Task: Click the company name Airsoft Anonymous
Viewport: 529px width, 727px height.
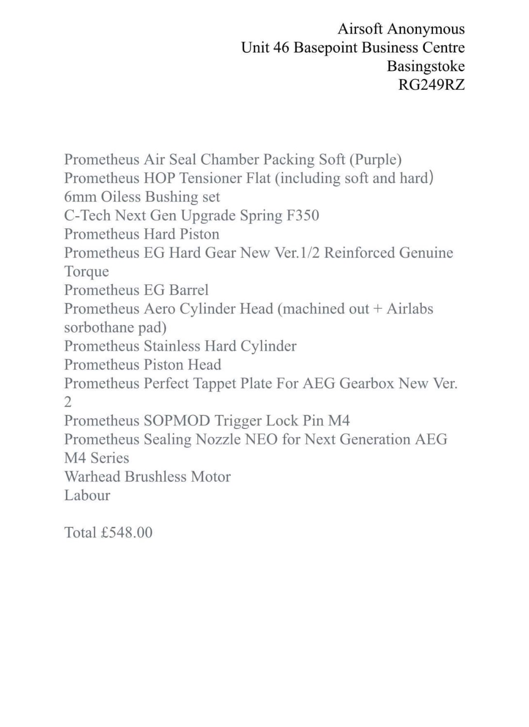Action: (401, 29)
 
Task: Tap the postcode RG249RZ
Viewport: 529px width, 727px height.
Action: (431, 85)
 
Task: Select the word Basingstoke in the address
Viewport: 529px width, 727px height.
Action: (425, 66)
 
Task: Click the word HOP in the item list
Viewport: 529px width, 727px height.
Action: (159, 178)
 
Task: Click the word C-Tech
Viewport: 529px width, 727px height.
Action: (87, 215)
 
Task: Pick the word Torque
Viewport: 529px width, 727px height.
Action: (86, 271)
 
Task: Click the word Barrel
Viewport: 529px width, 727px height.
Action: (189, 290)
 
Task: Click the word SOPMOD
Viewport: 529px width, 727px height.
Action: (176, 421)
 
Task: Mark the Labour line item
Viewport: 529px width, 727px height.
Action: (87, 495)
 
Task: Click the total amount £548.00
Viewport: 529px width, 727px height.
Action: (127, 533)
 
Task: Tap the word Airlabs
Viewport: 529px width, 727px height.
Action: (410, 309)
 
